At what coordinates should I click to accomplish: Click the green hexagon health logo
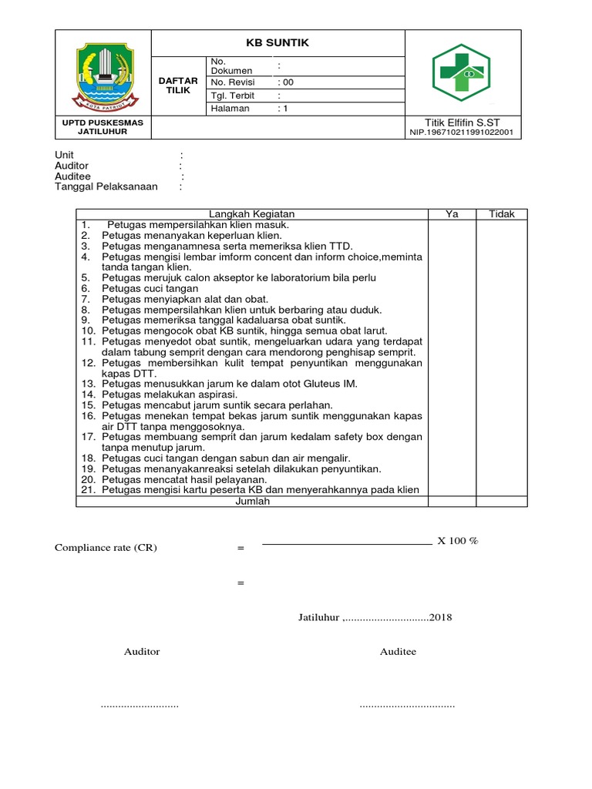(462, 74)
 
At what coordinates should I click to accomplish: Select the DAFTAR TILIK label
(178, 86)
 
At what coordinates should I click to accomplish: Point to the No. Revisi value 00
(287, 82)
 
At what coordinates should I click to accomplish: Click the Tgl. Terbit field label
(233, 96)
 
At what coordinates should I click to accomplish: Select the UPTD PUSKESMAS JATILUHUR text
(103, 127)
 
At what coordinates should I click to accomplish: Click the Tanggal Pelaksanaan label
(106, 186)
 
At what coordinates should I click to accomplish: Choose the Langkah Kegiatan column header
(251, 214)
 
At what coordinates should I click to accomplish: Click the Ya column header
(452, 214)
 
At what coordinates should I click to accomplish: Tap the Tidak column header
(502, 214)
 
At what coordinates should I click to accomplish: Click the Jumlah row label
(251, 501)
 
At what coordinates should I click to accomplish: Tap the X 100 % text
(458, 541)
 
